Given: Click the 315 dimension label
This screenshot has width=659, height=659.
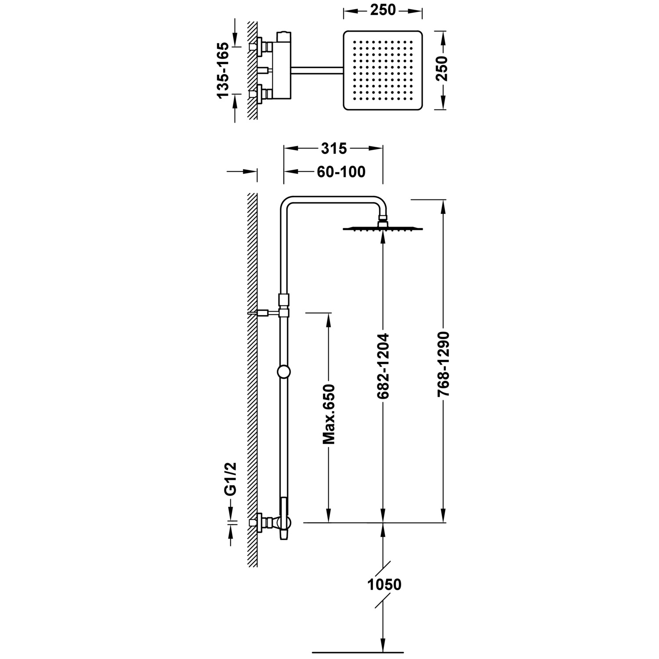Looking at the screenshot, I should tap(333, 149).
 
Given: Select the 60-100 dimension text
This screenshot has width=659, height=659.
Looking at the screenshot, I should tap(340, 172).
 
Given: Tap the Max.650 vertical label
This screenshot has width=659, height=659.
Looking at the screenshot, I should tap(329, 414).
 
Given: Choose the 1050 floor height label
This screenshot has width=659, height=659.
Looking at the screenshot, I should tap(384, 584).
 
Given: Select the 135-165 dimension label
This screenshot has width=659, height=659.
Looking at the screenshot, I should tap(223, 70).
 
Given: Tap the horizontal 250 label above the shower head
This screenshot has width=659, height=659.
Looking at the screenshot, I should tap(383, 10).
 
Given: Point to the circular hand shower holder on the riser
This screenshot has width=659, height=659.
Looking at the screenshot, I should tap(284, 372).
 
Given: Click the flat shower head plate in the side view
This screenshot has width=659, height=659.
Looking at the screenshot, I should tap(383, 229).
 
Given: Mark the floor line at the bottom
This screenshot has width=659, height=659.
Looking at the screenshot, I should tap(357, 650).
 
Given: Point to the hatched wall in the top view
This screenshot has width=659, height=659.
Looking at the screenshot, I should tap(252, 70).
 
